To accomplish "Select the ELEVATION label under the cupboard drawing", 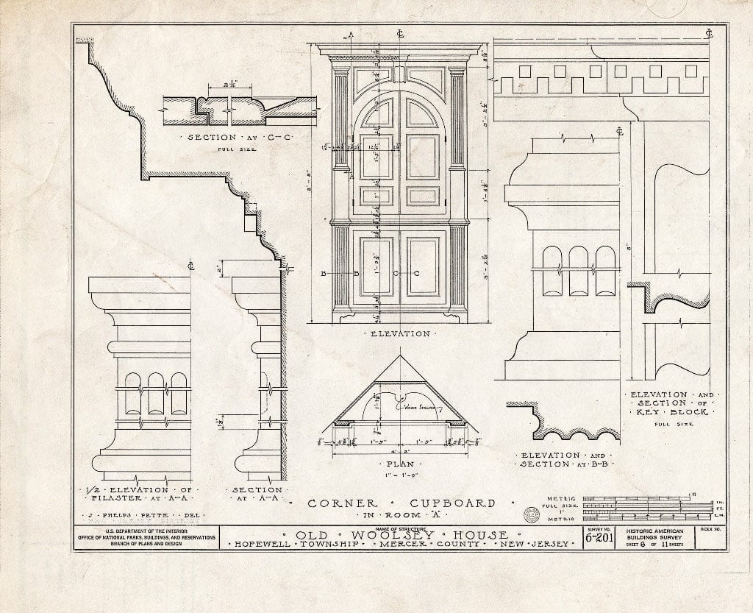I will coord(401,333).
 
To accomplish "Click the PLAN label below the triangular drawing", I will coord(400,464).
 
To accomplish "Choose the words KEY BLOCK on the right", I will coord(669,412).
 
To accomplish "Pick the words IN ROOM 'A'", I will coord(400,517).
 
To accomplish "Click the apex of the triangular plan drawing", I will coord(401,356).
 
